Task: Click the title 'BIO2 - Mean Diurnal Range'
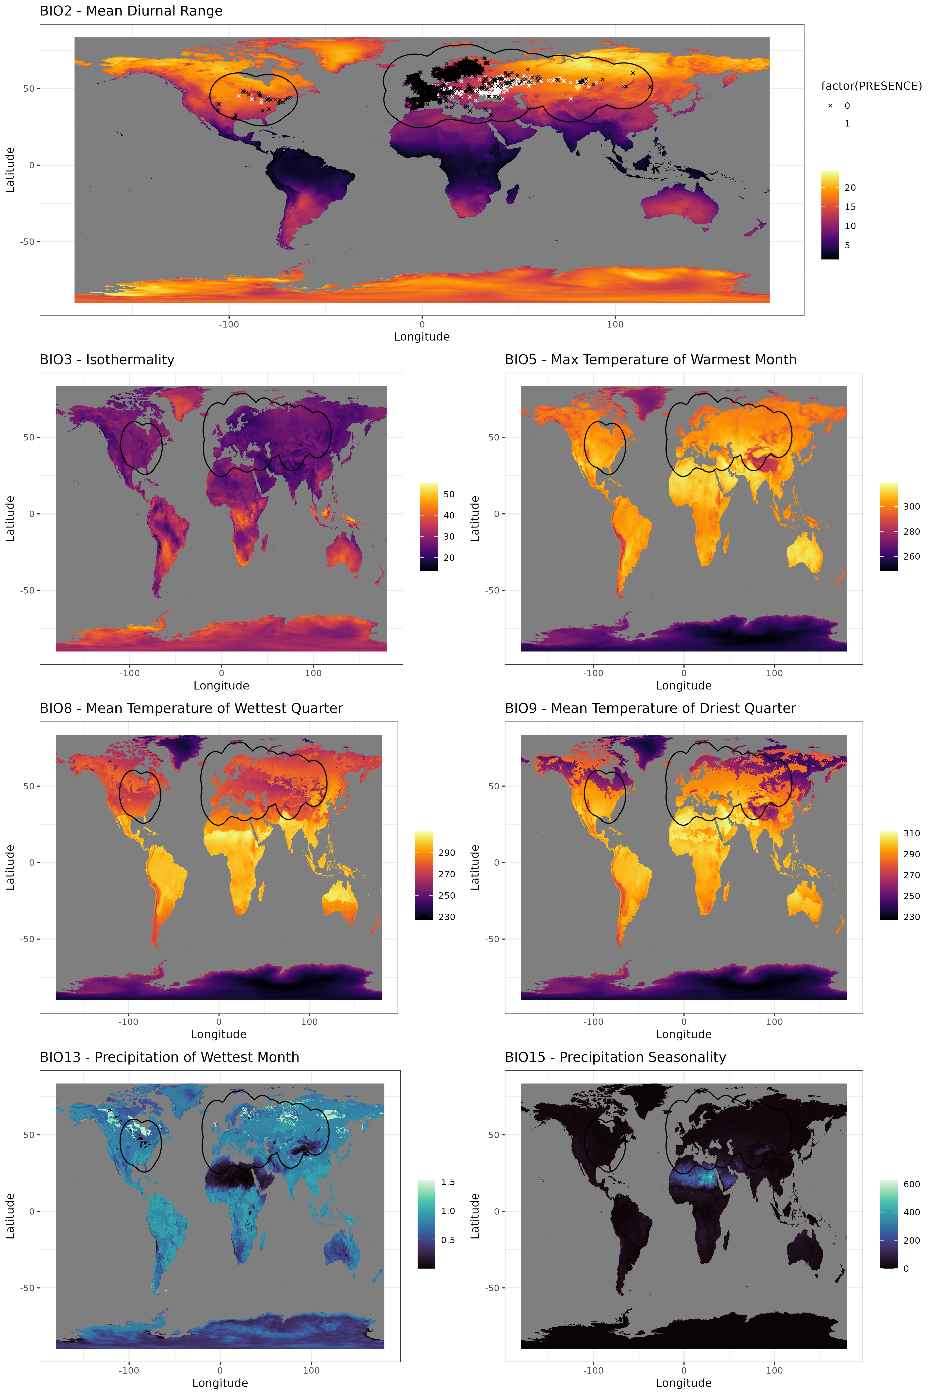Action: click(131, 11)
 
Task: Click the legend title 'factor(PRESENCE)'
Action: click(871, 86)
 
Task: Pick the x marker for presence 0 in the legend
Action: click(830, 106)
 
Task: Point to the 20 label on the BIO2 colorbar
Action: click(850, 188)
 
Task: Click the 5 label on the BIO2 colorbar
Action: click(847, 245)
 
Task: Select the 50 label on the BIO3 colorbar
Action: click(449, 494)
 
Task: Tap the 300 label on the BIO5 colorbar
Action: click(912, 506)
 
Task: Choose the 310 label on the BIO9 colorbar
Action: click(912, 833)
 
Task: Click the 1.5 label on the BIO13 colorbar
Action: click(448, 1182)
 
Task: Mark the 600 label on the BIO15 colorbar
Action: click(912, 1184)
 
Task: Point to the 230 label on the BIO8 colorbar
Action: click(447, 917)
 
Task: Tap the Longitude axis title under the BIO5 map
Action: click(683, 686)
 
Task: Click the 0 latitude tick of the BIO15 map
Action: click(496, 1211)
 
